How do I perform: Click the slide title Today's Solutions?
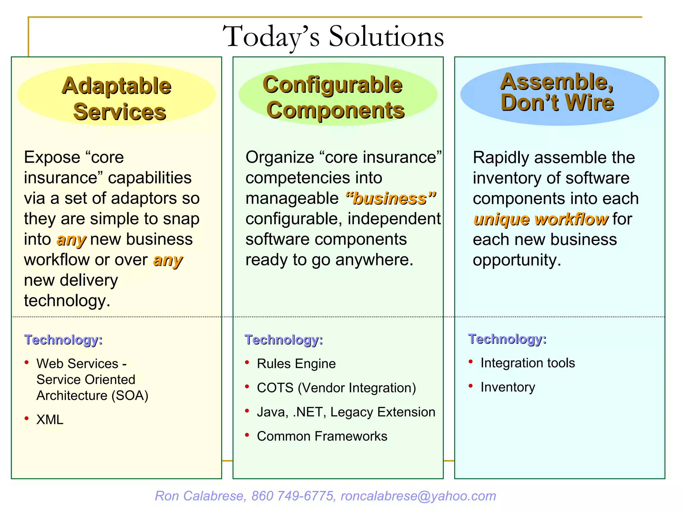coord(333,37)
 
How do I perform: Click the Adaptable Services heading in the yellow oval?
coord(117,98)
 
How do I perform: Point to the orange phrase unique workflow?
coord(540,219)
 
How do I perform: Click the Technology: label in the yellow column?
coord(63,340)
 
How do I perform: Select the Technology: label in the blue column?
coord(507,339)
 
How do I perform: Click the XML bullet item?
coord(50,420)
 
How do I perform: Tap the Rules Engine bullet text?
coord(296,364)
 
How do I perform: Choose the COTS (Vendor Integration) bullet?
coord(336,388)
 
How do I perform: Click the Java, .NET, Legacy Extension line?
coord(346,412)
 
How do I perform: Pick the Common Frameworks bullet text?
coord(322,436)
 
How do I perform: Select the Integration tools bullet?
coord(527,363)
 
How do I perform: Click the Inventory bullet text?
coord(508,387)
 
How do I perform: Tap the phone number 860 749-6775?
coord(292,496)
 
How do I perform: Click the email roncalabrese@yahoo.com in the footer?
coord(418,496)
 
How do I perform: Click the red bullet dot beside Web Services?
coord(27,363)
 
